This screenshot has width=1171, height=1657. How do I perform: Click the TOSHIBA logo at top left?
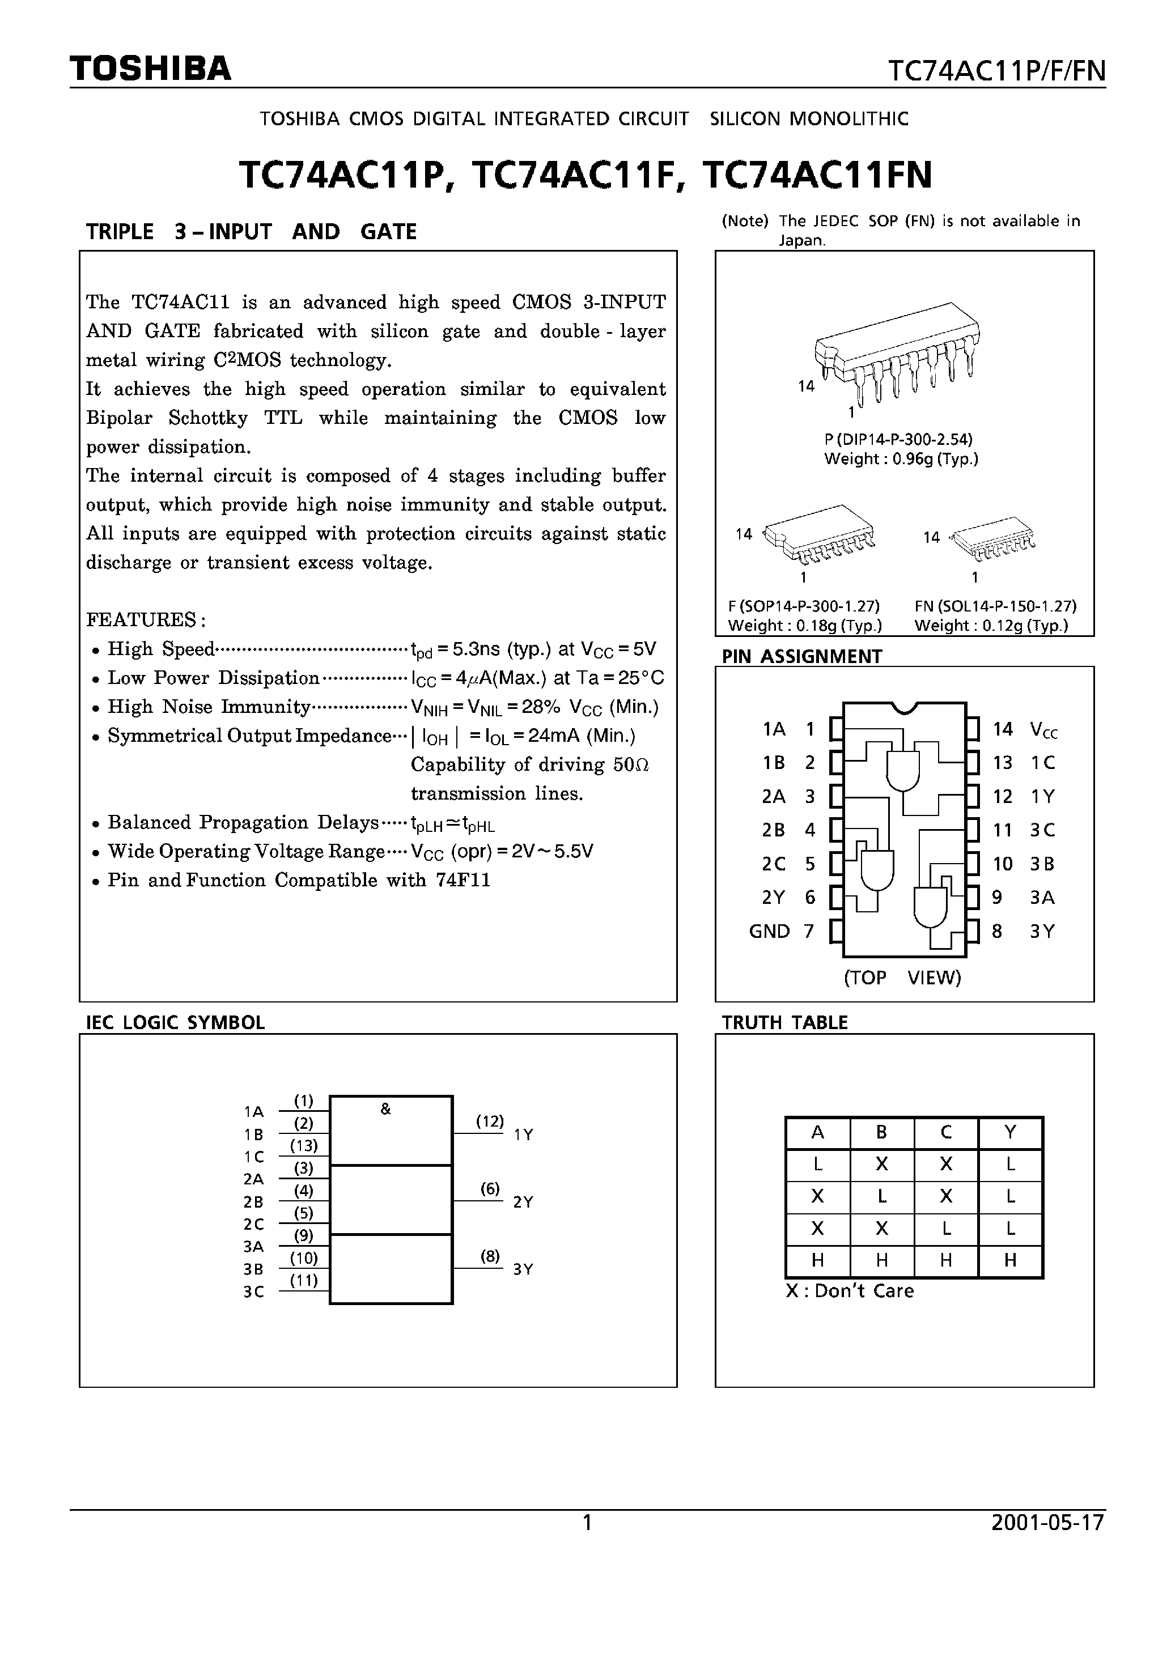(x=151, y=69)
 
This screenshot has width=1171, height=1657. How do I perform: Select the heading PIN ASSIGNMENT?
(x=801, y=656)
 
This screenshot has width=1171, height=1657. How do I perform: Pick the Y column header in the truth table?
(x=1009, y=1132)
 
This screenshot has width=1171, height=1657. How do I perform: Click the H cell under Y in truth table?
(x=1009, y=1260)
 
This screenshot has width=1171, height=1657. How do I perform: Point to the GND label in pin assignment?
(x=769, y=931)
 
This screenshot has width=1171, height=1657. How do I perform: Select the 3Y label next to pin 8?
(x=1042, y=931)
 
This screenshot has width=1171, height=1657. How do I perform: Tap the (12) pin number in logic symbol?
(x=490, y=1121)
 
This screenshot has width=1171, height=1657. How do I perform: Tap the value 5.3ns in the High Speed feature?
(x=477, y=649)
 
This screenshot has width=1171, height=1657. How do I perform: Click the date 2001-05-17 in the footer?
(x=1047, y=1523)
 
